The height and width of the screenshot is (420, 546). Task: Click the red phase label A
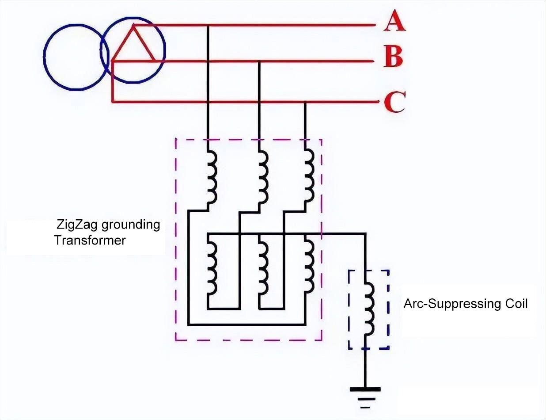pos(394,22)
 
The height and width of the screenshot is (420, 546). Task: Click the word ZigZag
pos(77,225)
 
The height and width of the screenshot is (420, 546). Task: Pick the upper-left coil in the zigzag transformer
pos(211,177)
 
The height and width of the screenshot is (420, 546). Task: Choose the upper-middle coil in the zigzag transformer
pos(262,177)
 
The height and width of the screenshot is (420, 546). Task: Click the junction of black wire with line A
pos(208,25)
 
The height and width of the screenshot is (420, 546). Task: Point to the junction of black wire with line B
pos(259,61)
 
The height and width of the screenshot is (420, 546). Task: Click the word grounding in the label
pos(131,225)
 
